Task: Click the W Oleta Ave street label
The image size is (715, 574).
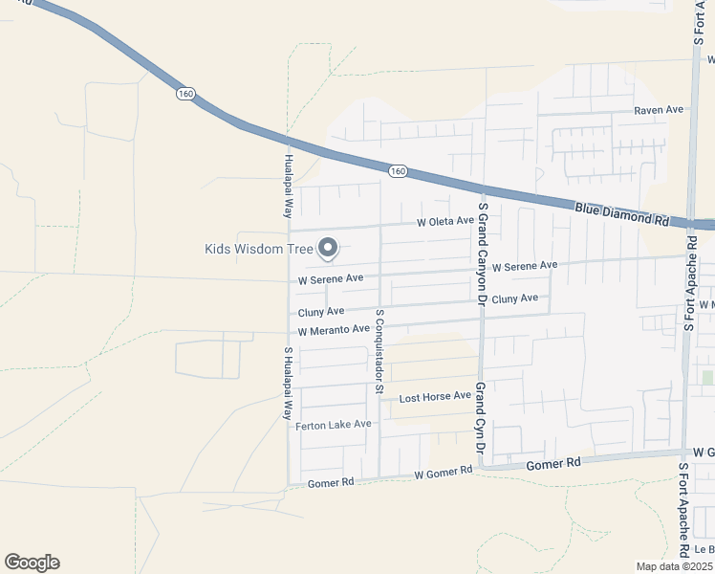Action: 445,221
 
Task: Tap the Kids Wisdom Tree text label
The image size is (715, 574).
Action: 259,249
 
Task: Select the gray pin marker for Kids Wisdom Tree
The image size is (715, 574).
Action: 328,249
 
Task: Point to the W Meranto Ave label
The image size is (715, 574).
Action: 334,330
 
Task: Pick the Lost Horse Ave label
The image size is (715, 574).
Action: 435,396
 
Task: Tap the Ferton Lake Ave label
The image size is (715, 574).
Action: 333,425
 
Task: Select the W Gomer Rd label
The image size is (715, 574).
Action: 444,472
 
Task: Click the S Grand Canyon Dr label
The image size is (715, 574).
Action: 483,254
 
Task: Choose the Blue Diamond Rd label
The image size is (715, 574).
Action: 621,213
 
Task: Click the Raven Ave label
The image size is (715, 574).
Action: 660,110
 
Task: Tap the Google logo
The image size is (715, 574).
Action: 32,563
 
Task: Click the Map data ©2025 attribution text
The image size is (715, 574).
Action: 675,565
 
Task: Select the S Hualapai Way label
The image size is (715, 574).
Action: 287,384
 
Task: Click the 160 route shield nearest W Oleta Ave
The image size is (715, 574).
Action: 399,170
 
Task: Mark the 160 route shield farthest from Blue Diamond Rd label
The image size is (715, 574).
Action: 185,94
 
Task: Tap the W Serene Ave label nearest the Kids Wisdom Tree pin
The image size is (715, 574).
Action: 331,279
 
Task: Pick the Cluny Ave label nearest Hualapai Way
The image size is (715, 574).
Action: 321,312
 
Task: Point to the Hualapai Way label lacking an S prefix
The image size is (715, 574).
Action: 287,188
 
